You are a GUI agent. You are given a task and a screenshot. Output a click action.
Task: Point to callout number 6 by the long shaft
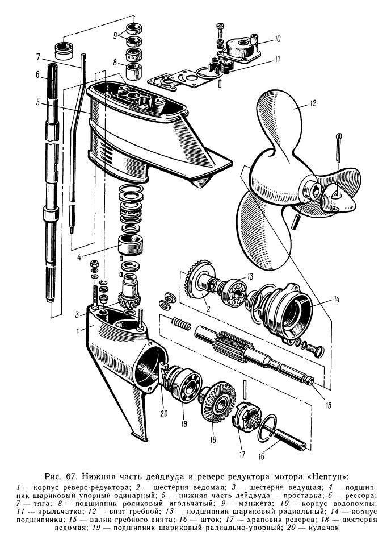coord(37,74)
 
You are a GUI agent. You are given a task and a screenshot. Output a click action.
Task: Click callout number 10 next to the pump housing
coord(277,39)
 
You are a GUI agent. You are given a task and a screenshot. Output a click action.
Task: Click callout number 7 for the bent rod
coord(37,57)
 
